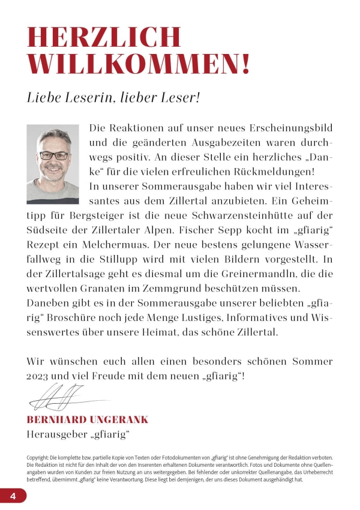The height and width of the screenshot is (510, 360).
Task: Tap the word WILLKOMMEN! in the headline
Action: (x=139, y=64)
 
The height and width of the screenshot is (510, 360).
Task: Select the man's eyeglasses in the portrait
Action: (x=53, y=155)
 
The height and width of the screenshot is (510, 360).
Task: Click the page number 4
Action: (x=13, y=496)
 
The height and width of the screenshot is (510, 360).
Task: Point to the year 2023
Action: (x=40, y=376)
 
